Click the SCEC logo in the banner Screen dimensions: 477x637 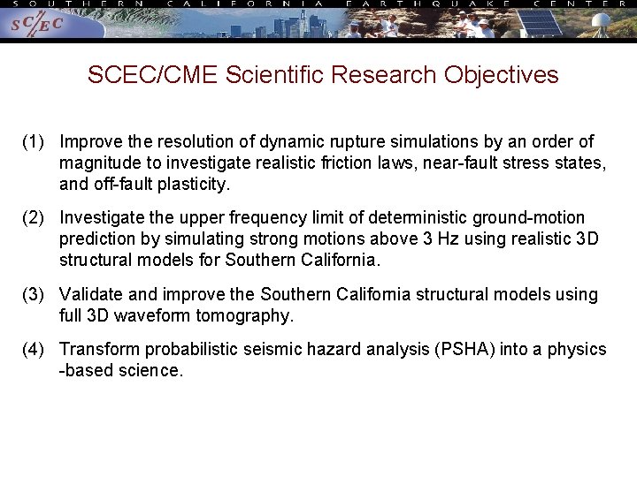coord(37,25)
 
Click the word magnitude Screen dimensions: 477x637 coord(97,163)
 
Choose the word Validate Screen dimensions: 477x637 coord(93,294)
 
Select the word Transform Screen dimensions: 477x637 coord(97,350)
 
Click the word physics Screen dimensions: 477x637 coord(577,350)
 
